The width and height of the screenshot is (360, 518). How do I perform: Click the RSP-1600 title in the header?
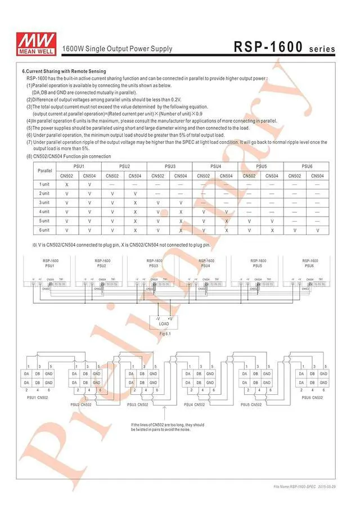[268, 47]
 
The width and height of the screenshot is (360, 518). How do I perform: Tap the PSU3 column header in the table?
[170, 166]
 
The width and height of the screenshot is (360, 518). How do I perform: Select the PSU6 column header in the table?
[307, 166]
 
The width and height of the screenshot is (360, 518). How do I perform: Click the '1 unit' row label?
[44, 184]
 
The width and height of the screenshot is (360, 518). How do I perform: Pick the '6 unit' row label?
[44, 230]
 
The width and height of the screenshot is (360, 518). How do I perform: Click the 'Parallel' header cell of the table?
[44, 171]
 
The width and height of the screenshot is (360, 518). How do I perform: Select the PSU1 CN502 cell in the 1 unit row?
[67, 184]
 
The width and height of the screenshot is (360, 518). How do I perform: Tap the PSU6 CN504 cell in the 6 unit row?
[318, 230]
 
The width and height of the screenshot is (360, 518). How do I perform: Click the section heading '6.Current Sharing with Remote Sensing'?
[64, 71]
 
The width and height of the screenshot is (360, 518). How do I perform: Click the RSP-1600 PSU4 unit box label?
[206, 263]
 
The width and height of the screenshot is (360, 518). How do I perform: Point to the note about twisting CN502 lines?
[168, 427]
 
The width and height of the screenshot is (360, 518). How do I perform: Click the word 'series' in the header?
[322, 49]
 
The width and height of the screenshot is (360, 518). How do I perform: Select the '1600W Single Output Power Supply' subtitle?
[117, 49]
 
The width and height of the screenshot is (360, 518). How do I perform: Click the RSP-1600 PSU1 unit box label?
[50, 263]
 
